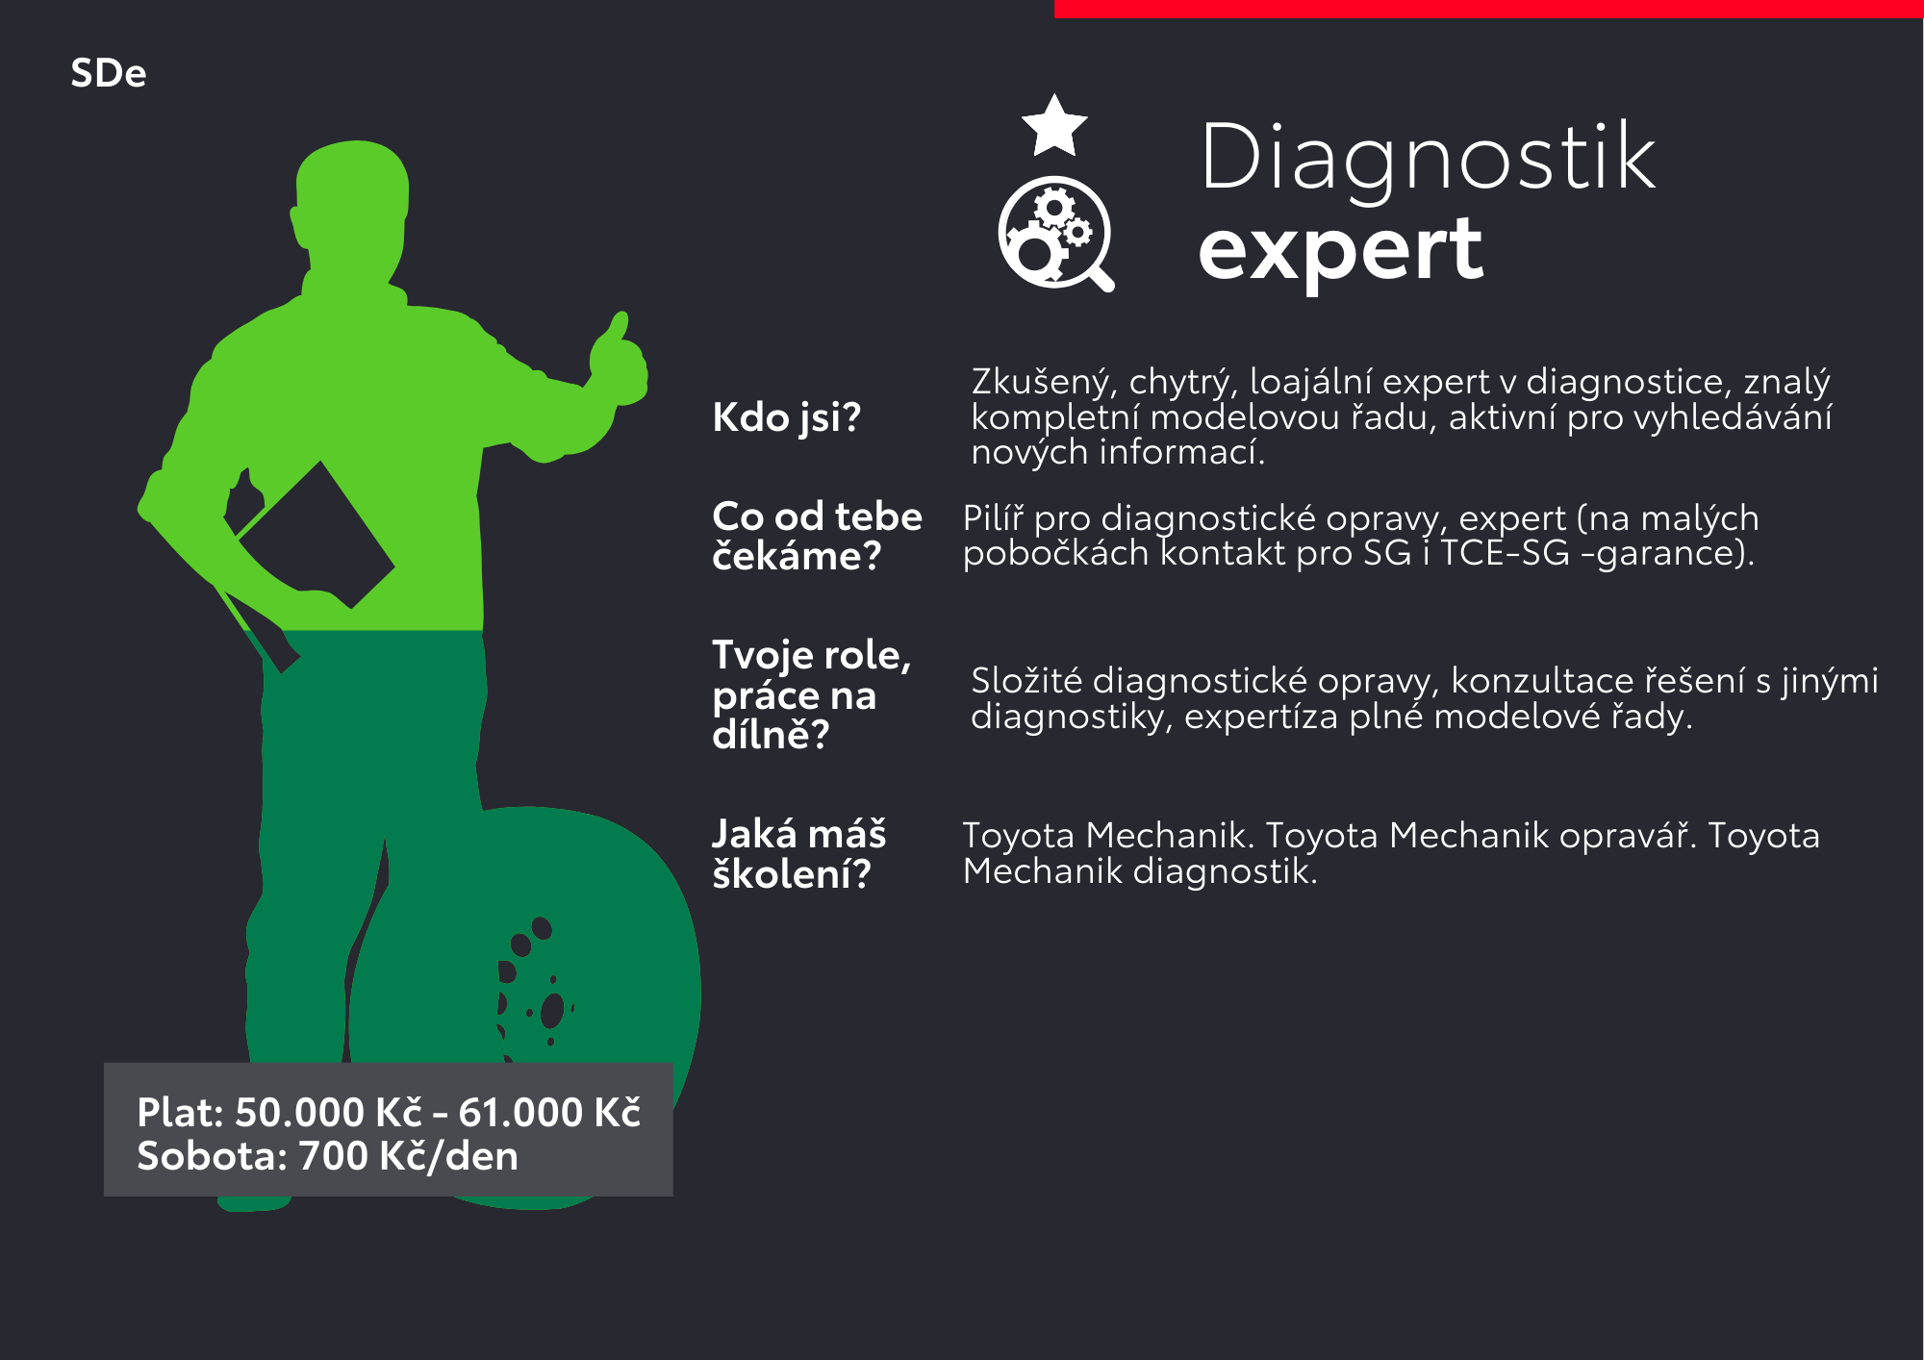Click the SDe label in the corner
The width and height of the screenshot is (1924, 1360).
point(109,73)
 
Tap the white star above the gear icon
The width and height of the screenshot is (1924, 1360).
point(1054,125)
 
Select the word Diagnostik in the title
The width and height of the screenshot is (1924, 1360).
point(1428,160)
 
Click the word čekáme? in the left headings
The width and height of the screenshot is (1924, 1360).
point(797,557)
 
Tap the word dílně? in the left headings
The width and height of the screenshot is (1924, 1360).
point(771,736)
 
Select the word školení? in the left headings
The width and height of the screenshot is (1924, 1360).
point(792,874)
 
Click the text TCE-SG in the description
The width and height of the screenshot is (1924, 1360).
point(1505,553)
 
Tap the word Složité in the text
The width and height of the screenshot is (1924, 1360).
point(1026,681)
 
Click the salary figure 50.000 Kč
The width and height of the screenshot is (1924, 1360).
point(328,1113)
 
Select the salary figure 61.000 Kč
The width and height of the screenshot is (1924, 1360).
point(549,1113)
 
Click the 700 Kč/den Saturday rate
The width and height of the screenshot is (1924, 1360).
point(409,1156)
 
